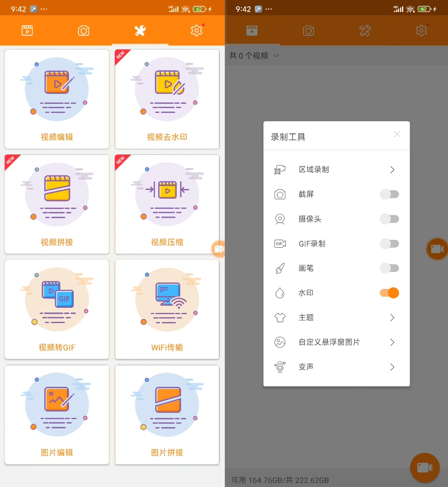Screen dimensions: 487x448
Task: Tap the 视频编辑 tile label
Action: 57,137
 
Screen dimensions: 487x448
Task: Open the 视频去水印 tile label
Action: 167,137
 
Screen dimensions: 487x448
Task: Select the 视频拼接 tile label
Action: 57,242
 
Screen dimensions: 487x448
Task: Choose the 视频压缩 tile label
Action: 167,242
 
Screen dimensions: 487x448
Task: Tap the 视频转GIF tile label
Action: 57,347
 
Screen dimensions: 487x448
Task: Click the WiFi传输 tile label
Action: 167,347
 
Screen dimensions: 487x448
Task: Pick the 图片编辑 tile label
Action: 57,452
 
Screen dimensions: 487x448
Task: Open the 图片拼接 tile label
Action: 167,452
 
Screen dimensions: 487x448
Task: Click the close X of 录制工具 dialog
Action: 397,134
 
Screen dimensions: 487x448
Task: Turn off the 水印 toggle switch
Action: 390,293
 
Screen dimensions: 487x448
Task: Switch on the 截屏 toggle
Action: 390,194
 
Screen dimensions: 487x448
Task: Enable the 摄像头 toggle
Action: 390,219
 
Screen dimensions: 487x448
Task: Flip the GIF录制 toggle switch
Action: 390,244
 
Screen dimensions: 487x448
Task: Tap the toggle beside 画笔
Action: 390,268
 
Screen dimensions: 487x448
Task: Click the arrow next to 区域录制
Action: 392,170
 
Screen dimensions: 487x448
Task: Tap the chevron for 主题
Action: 392,317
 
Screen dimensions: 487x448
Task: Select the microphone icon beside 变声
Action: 280,367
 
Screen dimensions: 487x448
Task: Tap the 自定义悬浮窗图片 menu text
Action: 329,342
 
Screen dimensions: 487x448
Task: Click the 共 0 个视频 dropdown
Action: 254,55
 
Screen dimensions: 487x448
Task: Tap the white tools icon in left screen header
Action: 140,31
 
